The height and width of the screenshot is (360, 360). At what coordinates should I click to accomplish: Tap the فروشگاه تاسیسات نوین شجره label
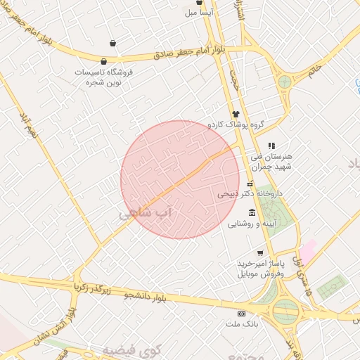103,77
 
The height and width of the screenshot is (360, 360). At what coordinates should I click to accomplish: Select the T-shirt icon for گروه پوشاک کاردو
236,113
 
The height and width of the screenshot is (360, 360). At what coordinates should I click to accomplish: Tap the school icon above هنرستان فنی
272,146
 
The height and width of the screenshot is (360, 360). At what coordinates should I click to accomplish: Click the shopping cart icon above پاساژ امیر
261,253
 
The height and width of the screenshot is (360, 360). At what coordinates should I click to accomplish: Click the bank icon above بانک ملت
241,313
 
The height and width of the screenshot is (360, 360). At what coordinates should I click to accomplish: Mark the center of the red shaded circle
180,179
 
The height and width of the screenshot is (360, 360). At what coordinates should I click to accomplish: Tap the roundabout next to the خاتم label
284,81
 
